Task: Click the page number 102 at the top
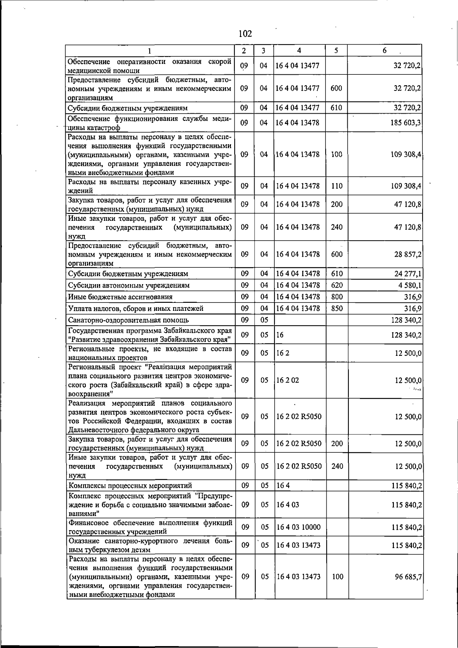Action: pyautogui.click(x=245, y=34)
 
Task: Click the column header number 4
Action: pyautogui.click(x=299, y=50)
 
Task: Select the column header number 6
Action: pyautogui.click(x=385, y=50)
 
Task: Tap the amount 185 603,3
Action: pyautogui.click(x=406, y=123)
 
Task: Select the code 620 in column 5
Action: pyautogui.click(x=337, y=285)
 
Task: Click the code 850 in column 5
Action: pyautogui.click(x=337, y=308)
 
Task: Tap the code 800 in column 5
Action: pyautogui.click(x=337, y=297)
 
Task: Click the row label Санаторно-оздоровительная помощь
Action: pyautogui.click(x=128, y=320)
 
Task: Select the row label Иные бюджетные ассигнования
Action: pyautogui.click(x=120, y=297)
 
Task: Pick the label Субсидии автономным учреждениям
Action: pyautogui.click(x=129, y=285)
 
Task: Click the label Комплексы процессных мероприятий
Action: pyautogui.click(x=130, y=486)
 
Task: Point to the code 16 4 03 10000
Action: pyautogui.click(x=298, y=527)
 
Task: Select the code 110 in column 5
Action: pyautogui.click(x=337, y=186)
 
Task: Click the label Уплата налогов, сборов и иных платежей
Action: pyautogui.click(x=135, y=308)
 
